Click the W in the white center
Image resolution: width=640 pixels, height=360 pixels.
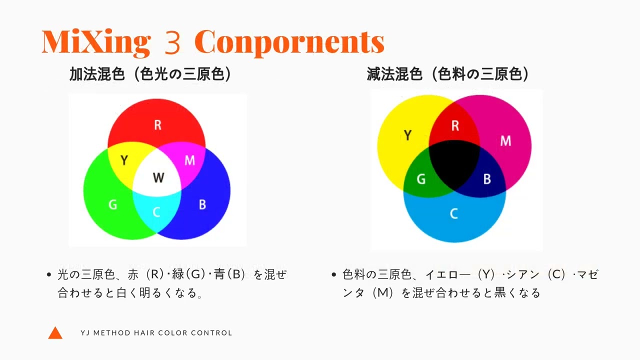(158, 177)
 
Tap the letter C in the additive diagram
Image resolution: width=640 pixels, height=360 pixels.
(156, 212)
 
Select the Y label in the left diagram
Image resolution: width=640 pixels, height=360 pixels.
(124, 160)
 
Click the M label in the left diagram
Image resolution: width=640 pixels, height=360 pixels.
(190, 160)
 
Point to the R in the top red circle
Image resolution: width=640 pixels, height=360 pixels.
(157, 125)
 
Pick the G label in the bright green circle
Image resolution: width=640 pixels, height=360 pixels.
(113, 204)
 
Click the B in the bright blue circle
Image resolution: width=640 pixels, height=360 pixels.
(202, 204)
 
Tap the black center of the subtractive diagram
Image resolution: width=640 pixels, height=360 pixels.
(454, 165)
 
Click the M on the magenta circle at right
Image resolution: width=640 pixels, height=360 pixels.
(505, 141)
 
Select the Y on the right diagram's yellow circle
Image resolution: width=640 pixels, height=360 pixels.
(408, 135)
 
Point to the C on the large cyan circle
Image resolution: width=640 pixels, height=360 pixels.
(454, 213)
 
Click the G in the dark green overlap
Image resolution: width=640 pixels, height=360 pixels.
(421, 179)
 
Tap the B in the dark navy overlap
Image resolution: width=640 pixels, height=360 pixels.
(487, 179)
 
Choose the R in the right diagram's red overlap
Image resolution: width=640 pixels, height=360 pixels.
(455, 125)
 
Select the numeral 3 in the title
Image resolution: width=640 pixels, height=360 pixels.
(172, 42)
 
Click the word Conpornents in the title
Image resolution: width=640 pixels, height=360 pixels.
(289, 42)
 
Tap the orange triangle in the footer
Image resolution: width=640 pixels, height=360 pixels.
(55, 333)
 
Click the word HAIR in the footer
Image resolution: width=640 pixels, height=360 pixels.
(143, 333)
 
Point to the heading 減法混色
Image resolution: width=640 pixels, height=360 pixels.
(394, 74)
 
